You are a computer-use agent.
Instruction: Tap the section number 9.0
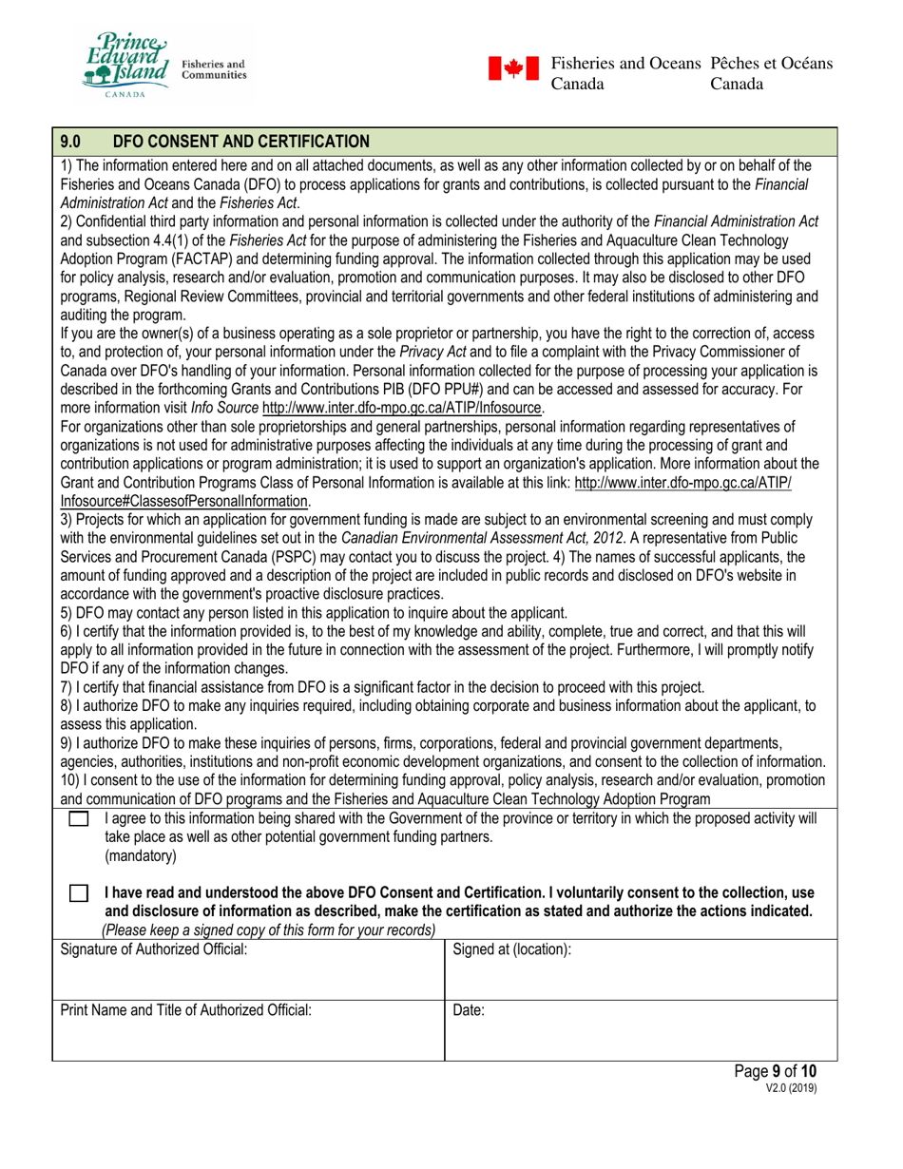click(72, 143)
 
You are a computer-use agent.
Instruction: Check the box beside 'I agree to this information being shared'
click(80, 818)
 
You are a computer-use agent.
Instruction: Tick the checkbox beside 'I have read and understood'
click(80, 894)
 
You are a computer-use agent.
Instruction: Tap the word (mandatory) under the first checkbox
click(141, 855)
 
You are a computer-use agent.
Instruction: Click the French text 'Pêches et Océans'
click(772, 63)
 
